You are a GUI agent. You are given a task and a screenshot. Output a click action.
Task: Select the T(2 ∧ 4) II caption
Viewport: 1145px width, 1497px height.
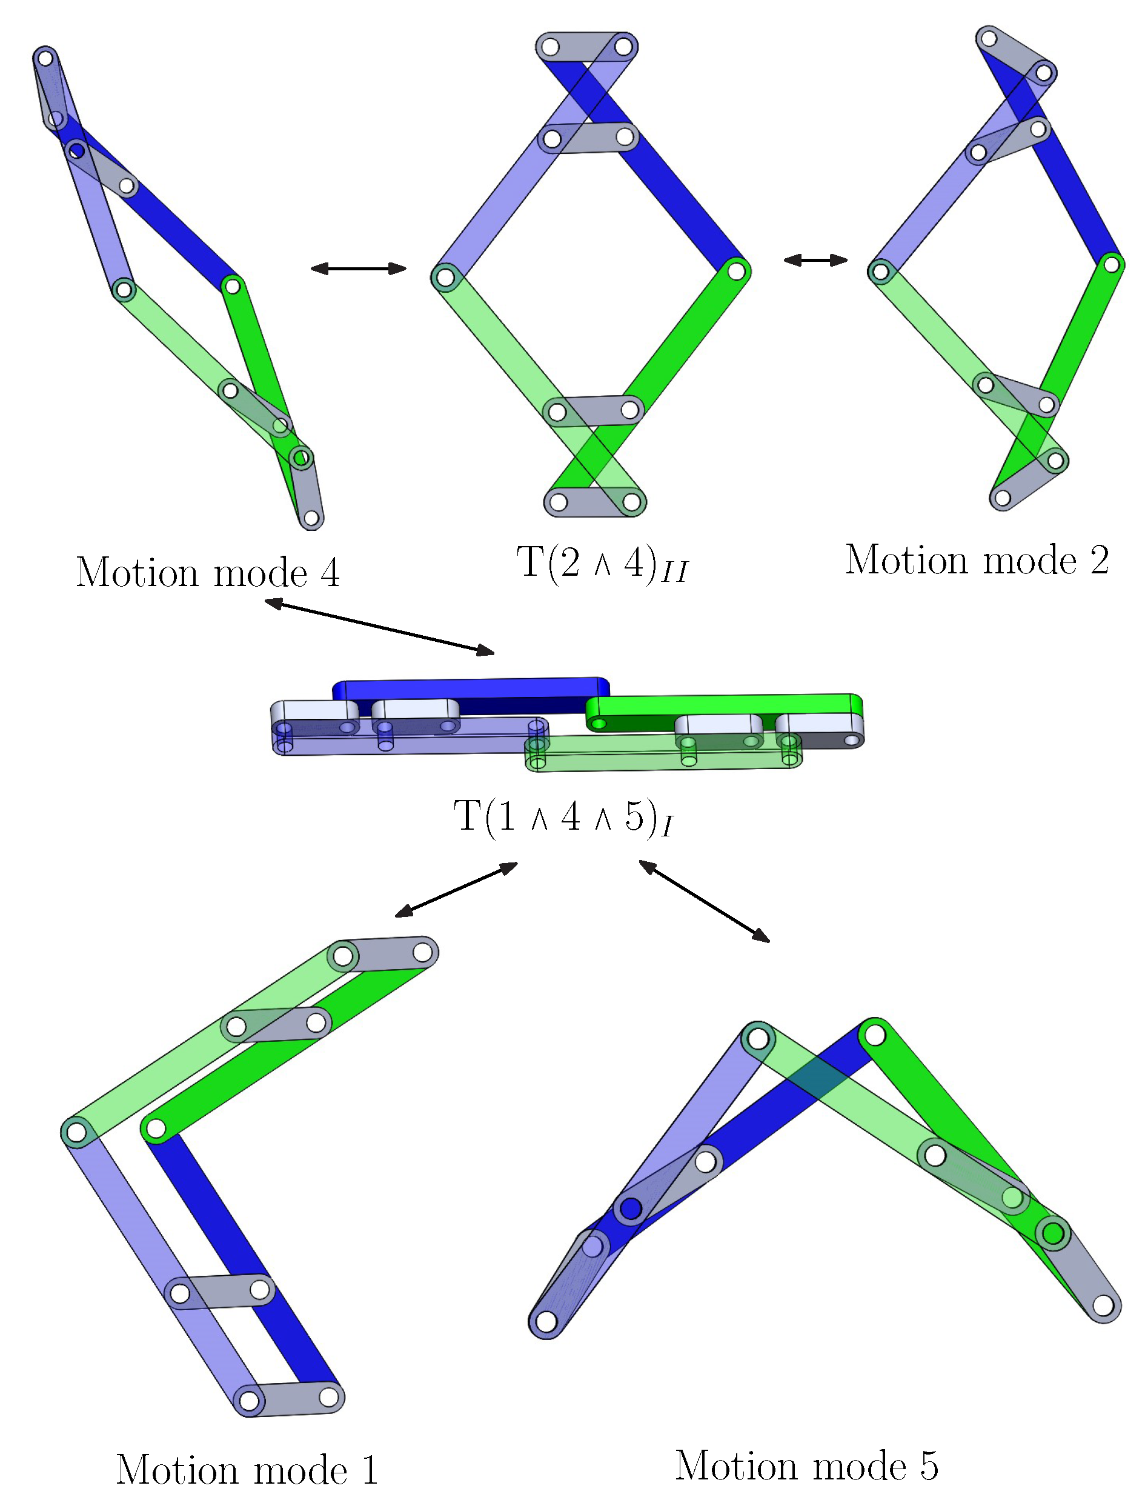pos(602,564)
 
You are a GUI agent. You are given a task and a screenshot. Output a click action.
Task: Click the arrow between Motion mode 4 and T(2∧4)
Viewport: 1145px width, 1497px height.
pos(359,268)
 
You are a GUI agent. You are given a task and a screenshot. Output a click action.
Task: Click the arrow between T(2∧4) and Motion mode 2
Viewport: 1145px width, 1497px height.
pos(815,260)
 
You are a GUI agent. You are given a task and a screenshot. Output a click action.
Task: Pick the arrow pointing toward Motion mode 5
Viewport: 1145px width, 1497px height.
pos(704,901)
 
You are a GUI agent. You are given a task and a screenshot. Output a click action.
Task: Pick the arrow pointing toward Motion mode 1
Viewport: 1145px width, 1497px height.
pos(456,890)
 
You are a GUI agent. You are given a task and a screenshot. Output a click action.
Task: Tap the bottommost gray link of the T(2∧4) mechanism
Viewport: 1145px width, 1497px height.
pos(594,502)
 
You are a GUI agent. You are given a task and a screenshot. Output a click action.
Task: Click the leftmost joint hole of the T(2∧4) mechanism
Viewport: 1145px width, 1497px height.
pos(445,278)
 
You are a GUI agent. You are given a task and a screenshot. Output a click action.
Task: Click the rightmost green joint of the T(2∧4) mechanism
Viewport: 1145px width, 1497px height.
pos(736,271)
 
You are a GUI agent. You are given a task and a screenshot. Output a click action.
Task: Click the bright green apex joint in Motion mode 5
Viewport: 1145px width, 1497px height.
pos(874,1036)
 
